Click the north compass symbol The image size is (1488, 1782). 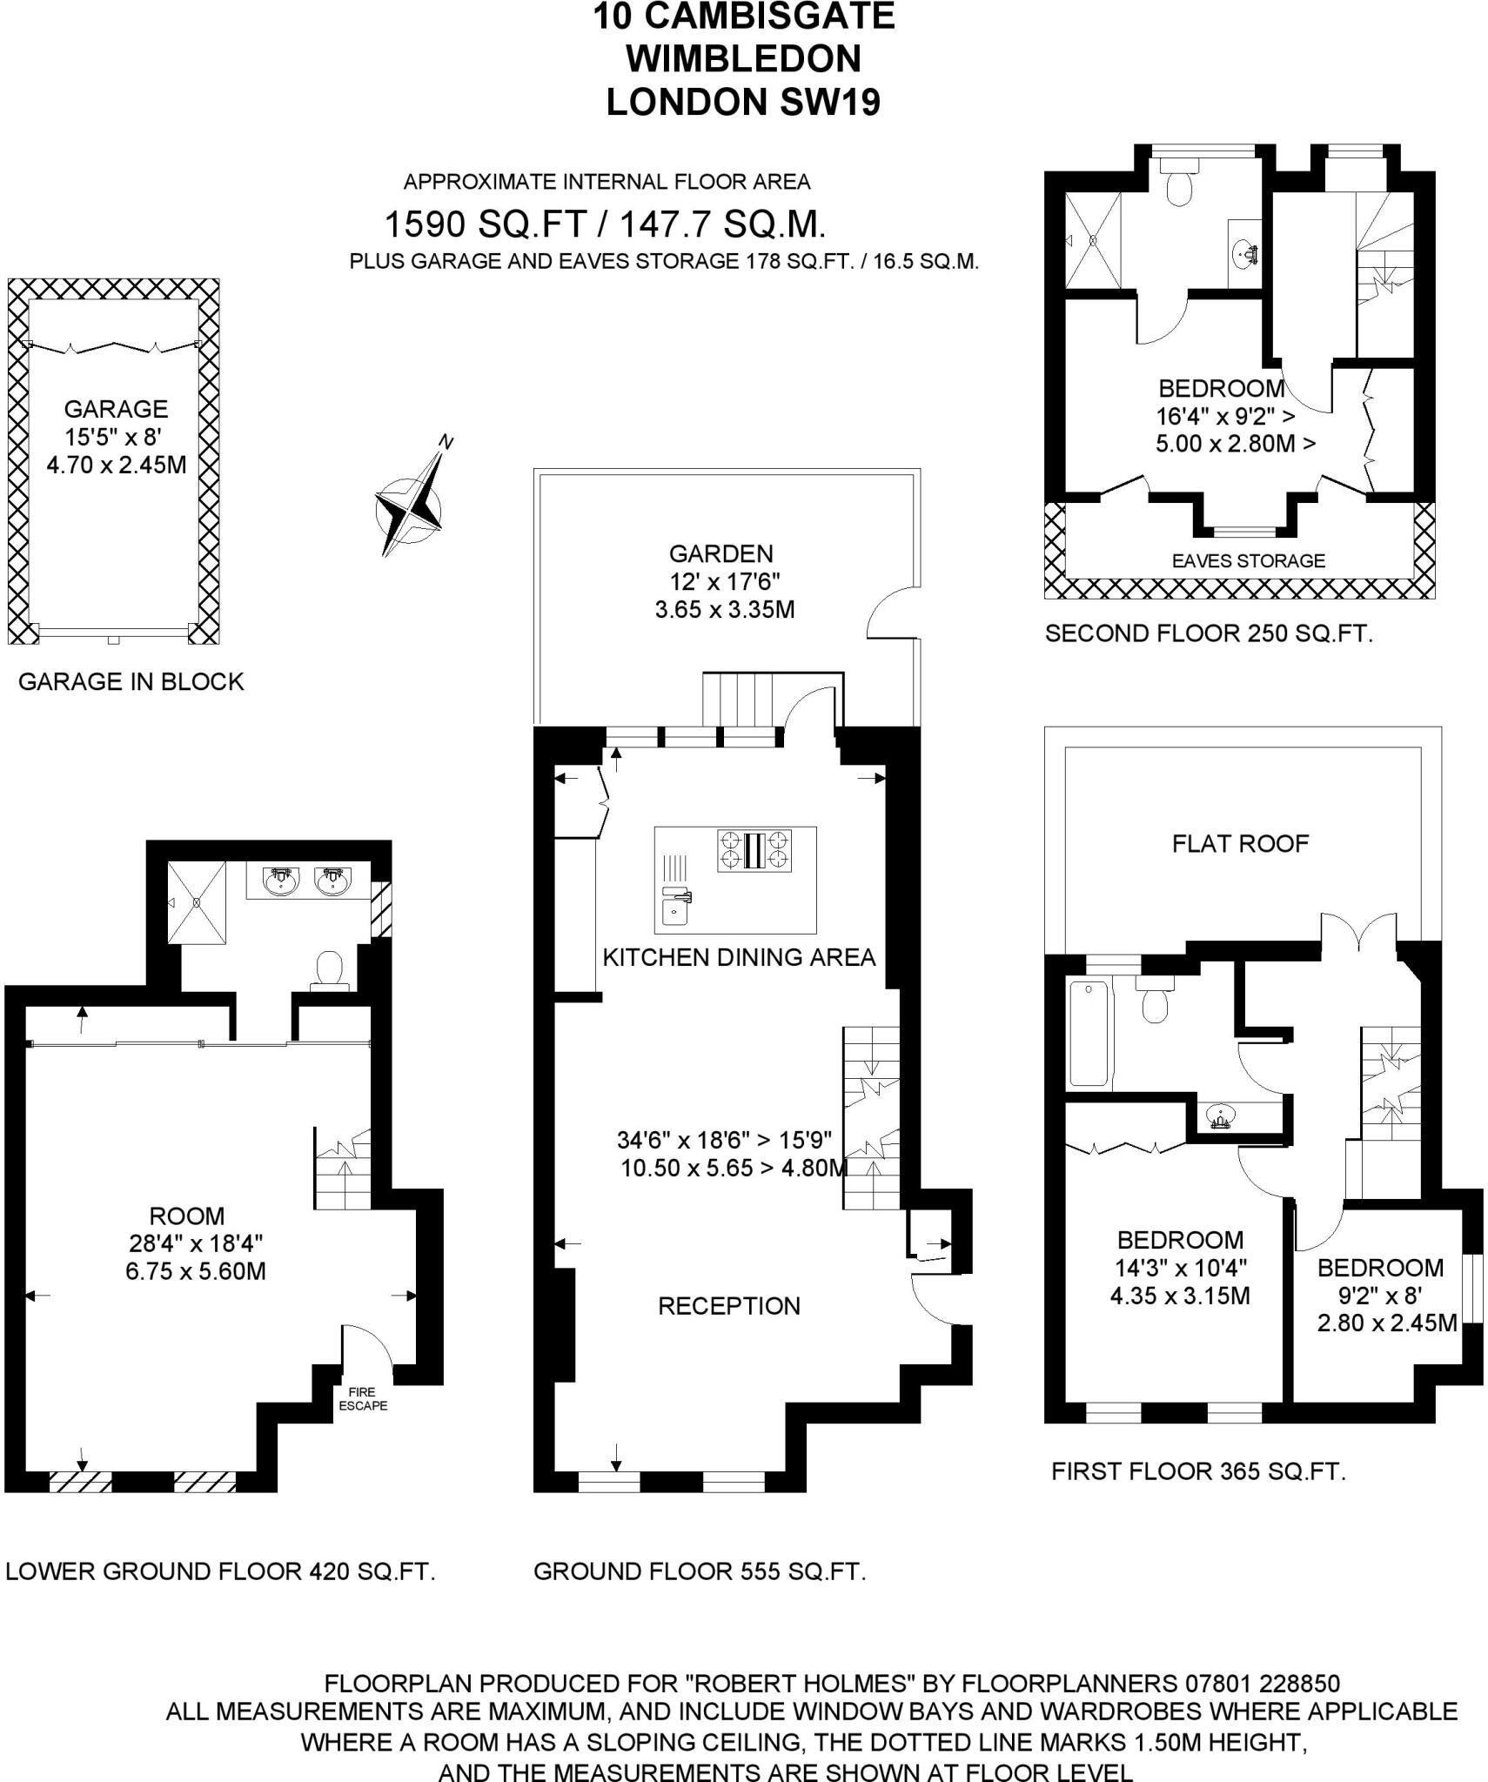pyautogui.click(x=410, y=506)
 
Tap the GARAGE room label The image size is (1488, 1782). pyautogui.click(x=116, y=409)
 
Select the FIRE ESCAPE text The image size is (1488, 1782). pyautogui.click(x=363, y=1398)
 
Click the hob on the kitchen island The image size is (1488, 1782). pyautogui.click(x=754, y=850)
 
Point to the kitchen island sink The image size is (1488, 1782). pyautogui.click(x=674, y=909)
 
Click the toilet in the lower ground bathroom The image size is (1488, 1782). pyautogui.click(x=330, y=969)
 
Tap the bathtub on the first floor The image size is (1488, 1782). pyautogui.click(x=1089, y=1034)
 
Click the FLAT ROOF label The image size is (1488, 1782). pyautogui.click(x=1240, y=843)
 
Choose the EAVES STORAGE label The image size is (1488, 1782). pyautogui.click(x=1248, y=561)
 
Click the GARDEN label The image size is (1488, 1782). pyautogui.click(x=721, y=553)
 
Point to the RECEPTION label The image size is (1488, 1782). pyautogui.click(x=728, y=1305)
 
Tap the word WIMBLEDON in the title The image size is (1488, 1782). pyautogui.click(x=743, y=59)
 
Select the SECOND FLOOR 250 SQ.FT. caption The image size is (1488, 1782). pyautogui.click(x=1208, y=633)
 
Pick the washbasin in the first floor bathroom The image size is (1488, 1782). pyautogui.click(x=1223, y=1115)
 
